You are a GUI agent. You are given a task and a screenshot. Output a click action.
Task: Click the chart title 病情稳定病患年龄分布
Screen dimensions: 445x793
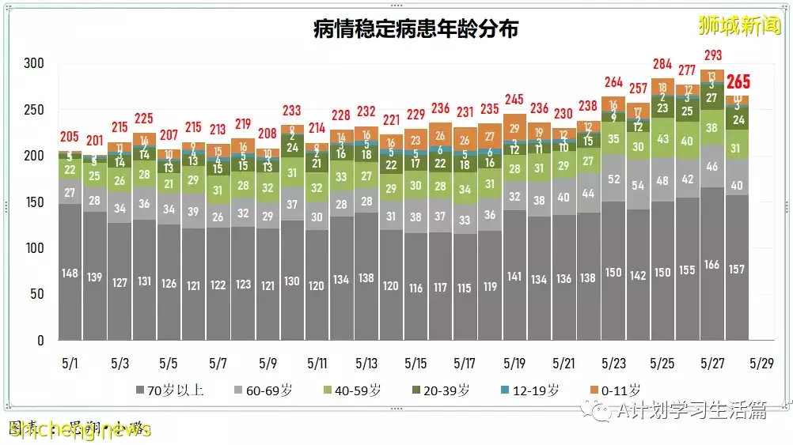coord(415,30)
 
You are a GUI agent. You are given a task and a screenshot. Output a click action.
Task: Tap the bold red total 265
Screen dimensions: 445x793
coord(738,82)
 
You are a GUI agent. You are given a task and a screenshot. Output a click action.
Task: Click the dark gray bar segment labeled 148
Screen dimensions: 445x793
coord(70,273)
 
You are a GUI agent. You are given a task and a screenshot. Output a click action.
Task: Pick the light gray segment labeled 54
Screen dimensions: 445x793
coord(638,186)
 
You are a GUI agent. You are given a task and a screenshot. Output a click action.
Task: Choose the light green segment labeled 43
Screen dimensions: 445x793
coord(662,138)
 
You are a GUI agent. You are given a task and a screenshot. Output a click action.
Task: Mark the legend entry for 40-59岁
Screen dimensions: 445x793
coord(353,390)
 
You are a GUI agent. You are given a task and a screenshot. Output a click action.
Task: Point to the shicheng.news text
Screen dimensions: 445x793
coord(79,429)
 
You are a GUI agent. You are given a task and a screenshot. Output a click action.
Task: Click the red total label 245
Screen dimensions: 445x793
coord(514,100)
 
